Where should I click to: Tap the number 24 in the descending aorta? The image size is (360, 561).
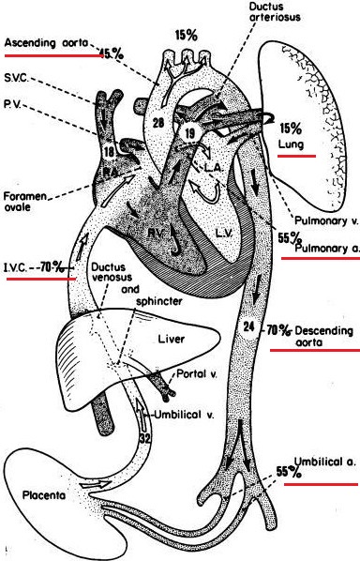247,327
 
